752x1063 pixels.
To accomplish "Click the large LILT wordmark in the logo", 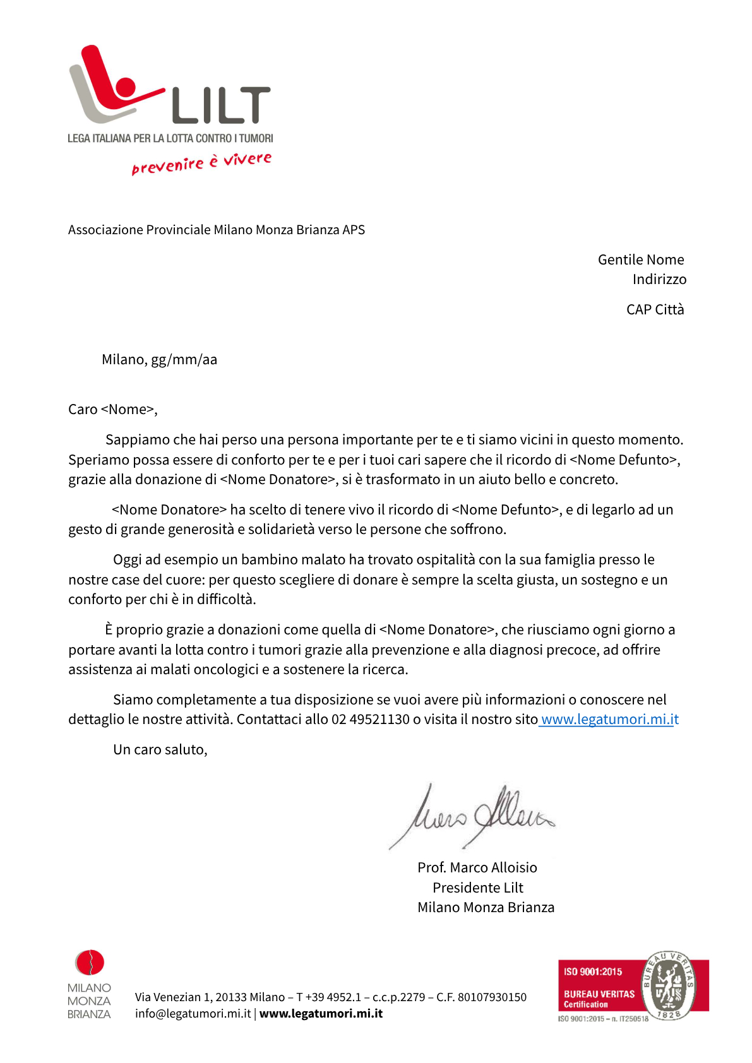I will [221, 105].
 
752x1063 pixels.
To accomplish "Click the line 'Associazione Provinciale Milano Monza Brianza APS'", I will [217, 230].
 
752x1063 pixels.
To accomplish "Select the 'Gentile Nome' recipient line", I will [641, 259].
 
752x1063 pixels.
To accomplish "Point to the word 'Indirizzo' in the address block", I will [659, 279].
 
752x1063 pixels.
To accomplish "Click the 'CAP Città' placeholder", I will [655, 309].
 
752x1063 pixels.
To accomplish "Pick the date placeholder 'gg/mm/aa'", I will [184, 360].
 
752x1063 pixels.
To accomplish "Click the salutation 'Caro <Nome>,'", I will [112, 410].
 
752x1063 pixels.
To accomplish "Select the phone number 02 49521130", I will [371, 720].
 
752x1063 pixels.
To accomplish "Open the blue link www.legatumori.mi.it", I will [609, 720].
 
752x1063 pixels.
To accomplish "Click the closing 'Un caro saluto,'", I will [160, 750].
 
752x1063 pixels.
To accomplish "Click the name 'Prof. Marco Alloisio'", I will [477, 868].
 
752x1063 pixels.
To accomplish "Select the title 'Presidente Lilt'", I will [478, 888].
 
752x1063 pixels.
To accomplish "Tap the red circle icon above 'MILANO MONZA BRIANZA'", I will [90, 963].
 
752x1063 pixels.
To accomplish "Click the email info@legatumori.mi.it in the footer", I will [193, 1014].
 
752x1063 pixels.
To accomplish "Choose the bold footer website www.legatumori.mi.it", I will [321, 1014].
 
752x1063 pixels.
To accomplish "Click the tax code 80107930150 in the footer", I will [492, 997].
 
